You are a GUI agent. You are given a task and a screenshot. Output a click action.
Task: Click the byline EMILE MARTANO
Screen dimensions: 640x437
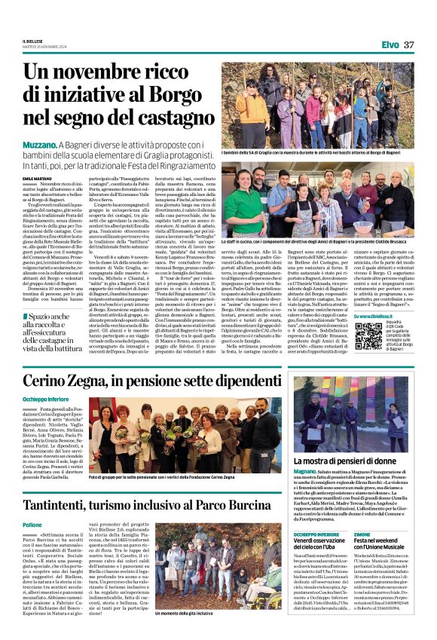[37, 177]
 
